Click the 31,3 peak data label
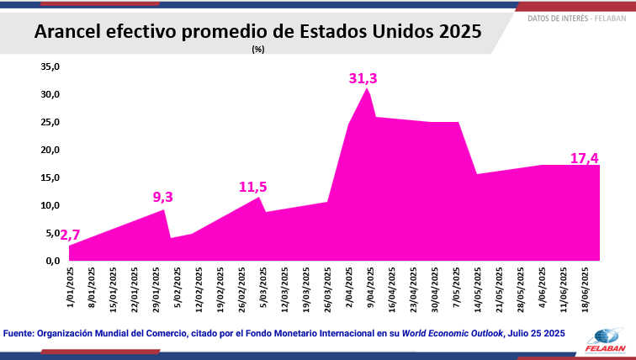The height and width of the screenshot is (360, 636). pyautogui.click(x=363, y=78)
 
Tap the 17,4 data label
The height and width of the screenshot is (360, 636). pyautogui.click(x=584, y=157)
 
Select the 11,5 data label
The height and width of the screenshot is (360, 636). pyautogui.click(x=252, y=187)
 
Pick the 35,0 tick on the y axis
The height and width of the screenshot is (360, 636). pyautogui.click(x=51, y=66)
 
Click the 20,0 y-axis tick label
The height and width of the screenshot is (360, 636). pyautogui.click(x=51, y=150)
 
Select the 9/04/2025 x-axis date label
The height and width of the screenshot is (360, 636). pyautogui.click(x=370, y=288)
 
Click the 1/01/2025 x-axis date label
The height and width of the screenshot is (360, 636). pyautogui.click(x=70, y=288)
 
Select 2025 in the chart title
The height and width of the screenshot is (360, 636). pyautogui.click(x=459, y=32)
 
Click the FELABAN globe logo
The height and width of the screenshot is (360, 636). pyautogui.click(x=601, y=335)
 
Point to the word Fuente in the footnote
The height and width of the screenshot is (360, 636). pyautogui.click(x=19, y=333)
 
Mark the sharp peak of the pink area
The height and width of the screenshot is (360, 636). pyautogui.click(x=366, y=88)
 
